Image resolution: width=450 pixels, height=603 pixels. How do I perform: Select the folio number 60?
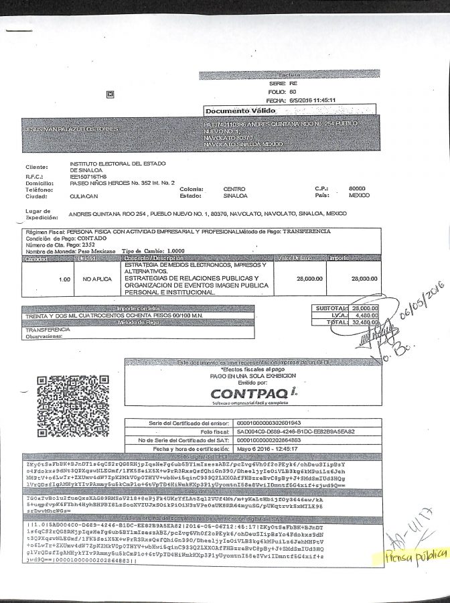pos(293,91)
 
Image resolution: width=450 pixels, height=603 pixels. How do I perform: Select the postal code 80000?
pos(358,189)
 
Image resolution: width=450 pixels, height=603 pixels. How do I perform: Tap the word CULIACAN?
pos(84,197)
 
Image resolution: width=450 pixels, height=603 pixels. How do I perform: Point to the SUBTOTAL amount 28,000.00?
pos(364,308)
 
